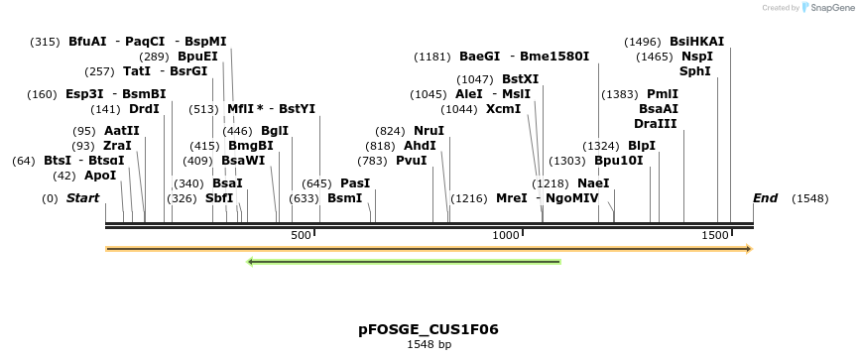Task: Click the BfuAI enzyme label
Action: (x=87, y=42)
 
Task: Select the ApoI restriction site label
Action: (x=100, y=176)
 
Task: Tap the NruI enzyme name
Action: (x=429, y=131)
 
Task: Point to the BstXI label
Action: (x=520, y=78)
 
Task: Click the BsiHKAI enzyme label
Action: (x=696, y=42)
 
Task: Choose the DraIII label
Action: (x=656, y=123)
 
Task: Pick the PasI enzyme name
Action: (x=354, y=183)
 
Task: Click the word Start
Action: (x=83, y=198)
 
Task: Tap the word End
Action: (x=765, y=198)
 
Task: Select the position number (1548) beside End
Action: (x=809, y=198)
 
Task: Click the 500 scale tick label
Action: (x=301, y=235)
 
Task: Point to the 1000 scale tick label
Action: (x=507, y=235)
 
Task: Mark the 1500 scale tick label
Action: (x=714, y=235)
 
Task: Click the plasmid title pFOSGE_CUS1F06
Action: (x=429, y=328)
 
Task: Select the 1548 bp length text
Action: (x=429, y=345)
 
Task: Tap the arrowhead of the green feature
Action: (x=251, y=262)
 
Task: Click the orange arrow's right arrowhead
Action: (x=749, y=248)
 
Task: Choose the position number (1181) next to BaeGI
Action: (x=432, y=57)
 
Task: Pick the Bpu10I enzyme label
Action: (x=618, y=160)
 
